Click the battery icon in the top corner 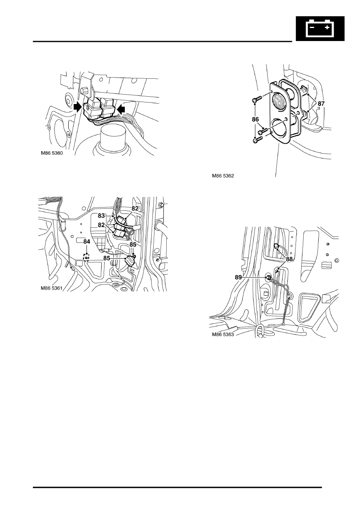point(320,28)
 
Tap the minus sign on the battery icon point(312,28)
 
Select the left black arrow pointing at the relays point(78,107)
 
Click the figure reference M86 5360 point(52,153)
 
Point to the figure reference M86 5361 point(52,288)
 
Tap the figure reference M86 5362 point(223,176)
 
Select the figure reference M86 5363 point(223,335)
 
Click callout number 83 point(101,216)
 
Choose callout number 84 point(87,242)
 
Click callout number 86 point(255,119)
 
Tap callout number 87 point(321,104)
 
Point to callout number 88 point(289,260)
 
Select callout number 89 point(238,277)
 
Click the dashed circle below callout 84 point(87,258)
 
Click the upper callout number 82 point(135,208)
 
